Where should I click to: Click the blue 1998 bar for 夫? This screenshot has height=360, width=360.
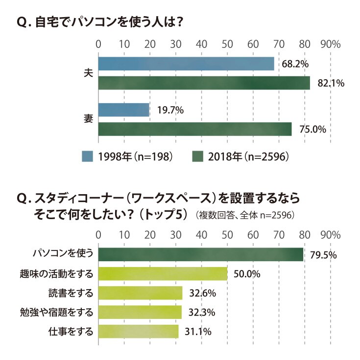tap(186, 64)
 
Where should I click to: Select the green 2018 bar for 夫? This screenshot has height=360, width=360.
tap(204, 83)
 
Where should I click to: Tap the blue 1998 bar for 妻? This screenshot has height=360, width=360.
tap(124, 110)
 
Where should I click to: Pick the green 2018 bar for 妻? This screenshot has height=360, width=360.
tap(195, 129)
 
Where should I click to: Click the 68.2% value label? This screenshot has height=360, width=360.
tap(295, 64)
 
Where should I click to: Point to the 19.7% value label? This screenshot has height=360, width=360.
tap(170, 110)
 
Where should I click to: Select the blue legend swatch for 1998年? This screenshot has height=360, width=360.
tap(87, 157)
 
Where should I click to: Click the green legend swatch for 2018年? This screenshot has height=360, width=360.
tap(197, 157)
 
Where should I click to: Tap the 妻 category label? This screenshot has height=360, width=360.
tap(88, 119)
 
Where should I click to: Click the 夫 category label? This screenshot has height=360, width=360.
tap(88, 73)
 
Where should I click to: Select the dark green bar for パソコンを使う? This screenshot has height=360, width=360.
tap(201, 254)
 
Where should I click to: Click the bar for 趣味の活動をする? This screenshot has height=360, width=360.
tap(163, 274)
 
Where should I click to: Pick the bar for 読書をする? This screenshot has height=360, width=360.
tap(140, 293)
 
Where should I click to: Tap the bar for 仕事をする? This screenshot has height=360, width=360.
tap(139, 331)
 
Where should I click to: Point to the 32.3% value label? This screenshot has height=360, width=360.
tap(202, 313)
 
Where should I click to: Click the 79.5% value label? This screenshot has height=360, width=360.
tap(323, 255)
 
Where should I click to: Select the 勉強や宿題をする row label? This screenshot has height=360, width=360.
tap(56, 312)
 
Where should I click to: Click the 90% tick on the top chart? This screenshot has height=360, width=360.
tap(331, 45)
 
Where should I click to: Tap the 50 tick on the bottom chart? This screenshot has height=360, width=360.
tap(227, 235)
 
